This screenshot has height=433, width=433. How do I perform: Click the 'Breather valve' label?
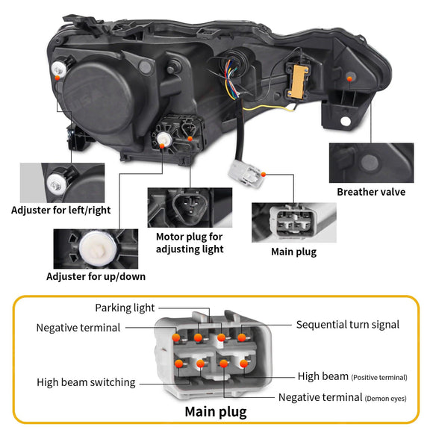(x=371, y=192)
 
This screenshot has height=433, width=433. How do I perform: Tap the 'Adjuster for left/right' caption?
(x=60, y=210)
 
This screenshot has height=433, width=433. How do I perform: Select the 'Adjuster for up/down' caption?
(x=96, y=276)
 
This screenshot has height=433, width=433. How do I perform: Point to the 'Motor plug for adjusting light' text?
(x=189, y=243)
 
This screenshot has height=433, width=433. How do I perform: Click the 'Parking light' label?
(x=125, y=308)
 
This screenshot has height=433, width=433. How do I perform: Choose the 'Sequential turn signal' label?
(x=347, y=325)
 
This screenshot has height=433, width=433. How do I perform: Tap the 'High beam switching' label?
(x=86, y=382)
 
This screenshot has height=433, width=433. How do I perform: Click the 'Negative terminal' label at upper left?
(x=78, y=328)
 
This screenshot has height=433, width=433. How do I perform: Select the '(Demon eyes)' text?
(x=386, y=399)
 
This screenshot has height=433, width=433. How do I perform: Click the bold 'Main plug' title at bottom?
(x=216, y=411)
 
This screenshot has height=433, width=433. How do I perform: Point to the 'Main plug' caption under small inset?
(x=293, y=252)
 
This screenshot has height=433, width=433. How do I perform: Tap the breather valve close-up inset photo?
(x=371, y=162)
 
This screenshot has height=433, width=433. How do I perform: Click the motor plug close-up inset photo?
(x=189, y=207)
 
